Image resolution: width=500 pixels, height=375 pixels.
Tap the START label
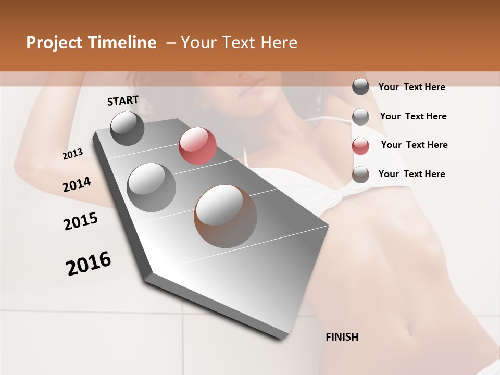[123, 101]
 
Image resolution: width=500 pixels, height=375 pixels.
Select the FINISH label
[342, 337]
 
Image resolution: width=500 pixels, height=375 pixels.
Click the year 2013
[73, 154]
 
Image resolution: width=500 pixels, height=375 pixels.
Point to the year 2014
[77, 185]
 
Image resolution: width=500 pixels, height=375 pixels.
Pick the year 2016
[89, 264]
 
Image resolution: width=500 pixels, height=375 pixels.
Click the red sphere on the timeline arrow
[197, 146]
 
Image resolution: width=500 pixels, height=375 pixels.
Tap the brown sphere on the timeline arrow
[226, 216]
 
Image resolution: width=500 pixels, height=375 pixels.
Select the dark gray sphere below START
[128, 128]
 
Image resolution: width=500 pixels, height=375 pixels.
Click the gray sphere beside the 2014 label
[152, 187]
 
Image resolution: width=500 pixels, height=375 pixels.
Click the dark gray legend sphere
[360, 87]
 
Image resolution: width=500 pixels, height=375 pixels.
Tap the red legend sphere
[360, 145]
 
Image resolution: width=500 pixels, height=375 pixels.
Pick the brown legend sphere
[360, 174]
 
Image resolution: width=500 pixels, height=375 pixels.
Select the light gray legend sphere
[360, 116]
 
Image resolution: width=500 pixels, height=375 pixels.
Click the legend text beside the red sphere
[414, 145]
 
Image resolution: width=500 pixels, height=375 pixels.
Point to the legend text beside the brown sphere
[411, 174]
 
